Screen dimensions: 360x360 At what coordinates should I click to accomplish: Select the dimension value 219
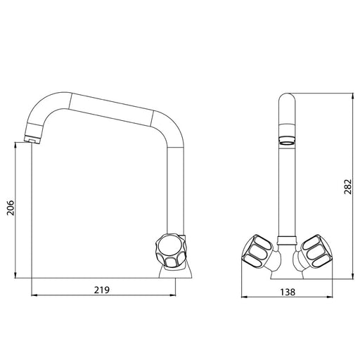coord(103,288)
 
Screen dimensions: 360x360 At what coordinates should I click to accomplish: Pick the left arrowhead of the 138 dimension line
coord(243,295)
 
